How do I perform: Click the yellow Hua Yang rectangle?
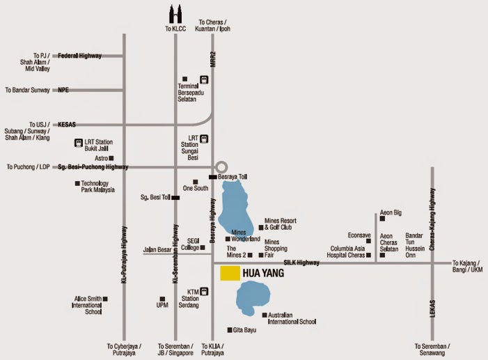coord(231,273)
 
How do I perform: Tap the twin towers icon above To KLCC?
coord(175,14)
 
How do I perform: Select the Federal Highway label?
coord(79,55)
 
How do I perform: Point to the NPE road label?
coord(64,90)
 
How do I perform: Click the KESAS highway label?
coord(67,125)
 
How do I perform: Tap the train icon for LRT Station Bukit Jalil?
coord(79,143)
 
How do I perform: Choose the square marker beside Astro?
coord(111,158)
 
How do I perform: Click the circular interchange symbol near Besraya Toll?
coord(221,167)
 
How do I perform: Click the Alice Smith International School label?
coord(88,306)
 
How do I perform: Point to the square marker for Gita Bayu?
coord(229,329)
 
